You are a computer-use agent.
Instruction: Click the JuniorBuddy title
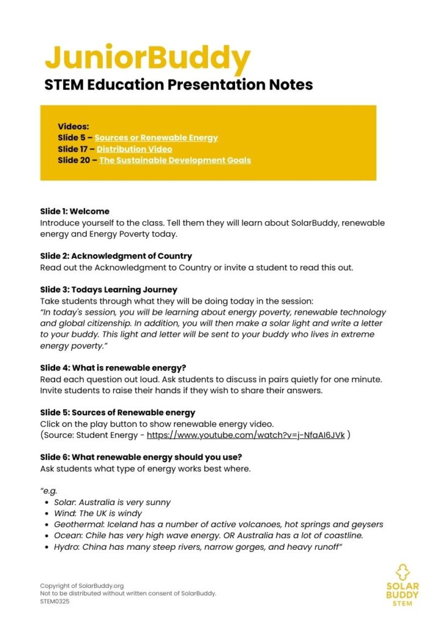point(147,58)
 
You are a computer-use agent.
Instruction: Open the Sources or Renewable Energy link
point(156,138)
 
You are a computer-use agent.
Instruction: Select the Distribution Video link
point(134,149)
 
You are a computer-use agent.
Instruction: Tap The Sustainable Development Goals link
point(175,160)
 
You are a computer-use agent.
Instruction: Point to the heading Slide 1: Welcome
point(75,211)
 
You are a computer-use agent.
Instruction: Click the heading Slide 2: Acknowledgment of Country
point(116,256)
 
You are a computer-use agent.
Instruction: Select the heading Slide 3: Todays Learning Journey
point(108,290)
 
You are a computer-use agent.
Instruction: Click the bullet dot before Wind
point(47,514)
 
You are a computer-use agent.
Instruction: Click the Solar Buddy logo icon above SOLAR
point(402,573)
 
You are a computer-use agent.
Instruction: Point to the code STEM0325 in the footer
point(55,601)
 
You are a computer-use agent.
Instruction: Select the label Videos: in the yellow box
point(73,127)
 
